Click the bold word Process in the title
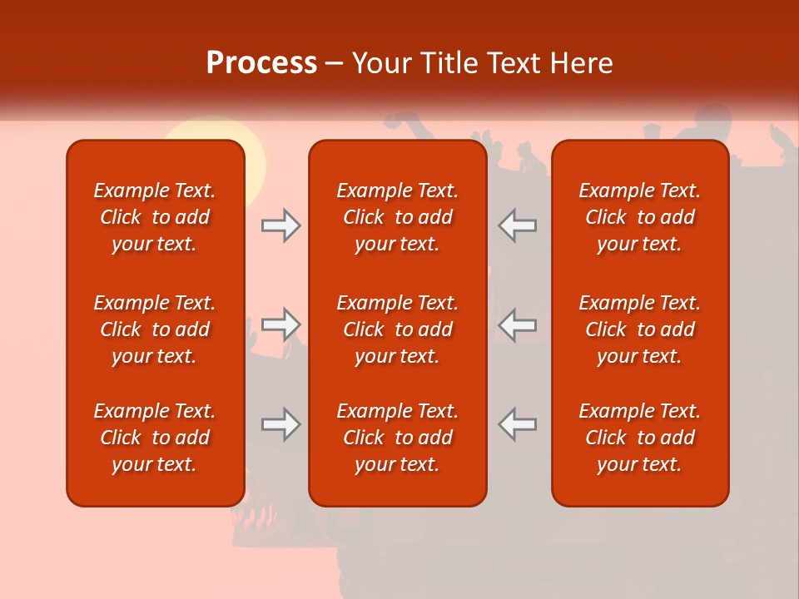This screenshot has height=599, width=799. (261, 63)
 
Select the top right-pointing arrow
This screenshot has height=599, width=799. (280, 225)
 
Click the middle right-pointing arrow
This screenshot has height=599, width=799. (280, 324)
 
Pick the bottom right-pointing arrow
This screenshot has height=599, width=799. (280, 424)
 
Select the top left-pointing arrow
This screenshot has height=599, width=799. (518, 225)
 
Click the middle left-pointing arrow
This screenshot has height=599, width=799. (518, 324)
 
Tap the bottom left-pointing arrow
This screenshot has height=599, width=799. (518, 424)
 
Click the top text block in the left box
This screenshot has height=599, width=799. (155, 217)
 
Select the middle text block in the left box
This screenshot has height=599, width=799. (155, 329)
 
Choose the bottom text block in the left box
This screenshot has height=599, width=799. (155, 438)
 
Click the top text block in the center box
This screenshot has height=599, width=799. (397, 217)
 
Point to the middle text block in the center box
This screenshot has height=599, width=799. (397, 329)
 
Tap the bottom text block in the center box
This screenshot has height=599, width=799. (397, 438)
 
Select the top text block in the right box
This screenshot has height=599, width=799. (640, 217)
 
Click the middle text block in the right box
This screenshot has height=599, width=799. (640, 329)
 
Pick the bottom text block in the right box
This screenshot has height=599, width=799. (640, 438)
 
